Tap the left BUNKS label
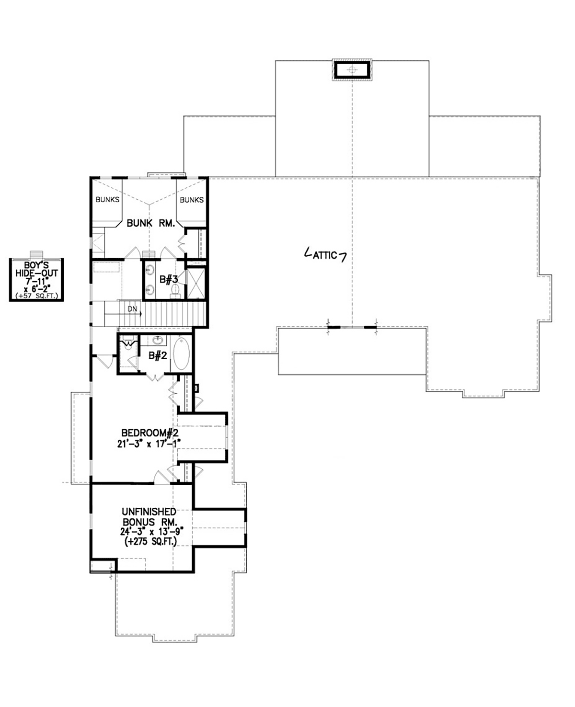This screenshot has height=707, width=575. pyautogui.click(x=107, y=199)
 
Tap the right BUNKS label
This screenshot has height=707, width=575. pyautogui.click(x=192, y=200)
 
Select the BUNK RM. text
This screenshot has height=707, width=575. pyautogui.click(x=151, y=223)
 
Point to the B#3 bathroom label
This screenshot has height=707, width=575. pyautogui.click(x=169, y=279)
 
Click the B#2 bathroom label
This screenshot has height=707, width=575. pyautogui.click(x=158, y=356)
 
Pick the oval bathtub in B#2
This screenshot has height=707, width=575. pyautogui.click(x=181, y=354)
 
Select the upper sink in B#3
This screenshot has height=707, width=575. pyautogui.click(x=150, y=269)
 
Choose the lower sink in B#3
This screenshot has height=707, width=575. pyautogui.click(x=150, y=290)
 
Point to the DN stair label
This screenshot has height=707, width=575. pyautogui.click(x=132, y=308)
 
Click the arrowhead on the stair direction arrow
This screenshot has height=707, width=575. pyautogui.click(x=141, y=313)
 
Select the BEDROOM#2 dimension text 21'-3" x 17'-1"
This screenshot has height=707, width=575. pyautogui.click(x=149, y=444)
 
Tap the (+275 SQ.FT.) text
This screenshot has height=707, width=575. pyautogui.click(x=150, y=541)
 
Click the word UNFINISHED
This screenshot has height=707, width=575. pyautogui.click(x=149, y=512)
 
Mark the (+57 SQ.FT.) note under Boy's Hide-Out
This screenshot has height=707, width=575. pyautogui.click(x=36, y=296)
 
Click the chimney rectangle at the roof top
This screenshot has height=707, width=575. pyautogui.click(x=352, y=70)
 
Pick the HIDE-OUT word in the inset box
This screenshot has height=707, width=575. pyautogui.click(x=36, y=273)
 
